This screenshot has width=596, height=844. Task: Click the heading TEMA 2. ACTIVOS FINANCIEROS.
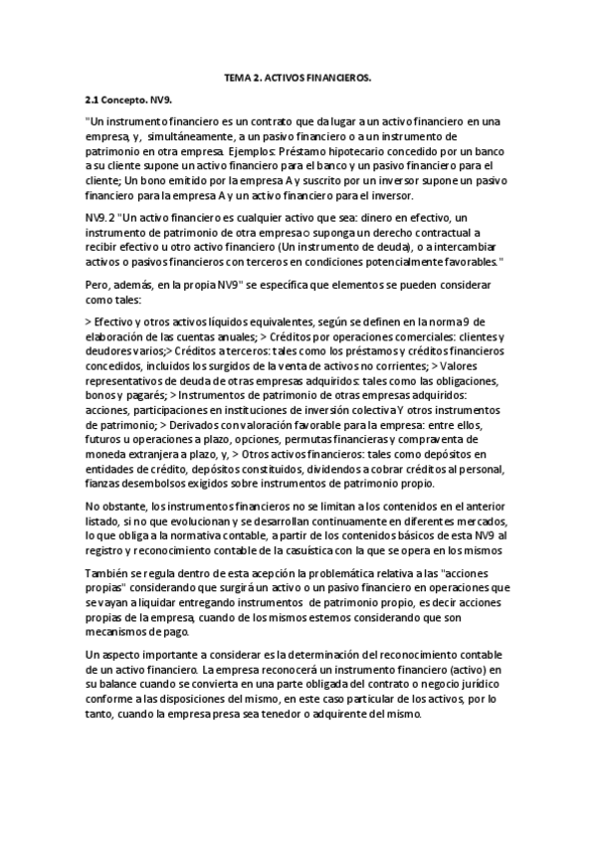pyautogui.click(x=298, y=77)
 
